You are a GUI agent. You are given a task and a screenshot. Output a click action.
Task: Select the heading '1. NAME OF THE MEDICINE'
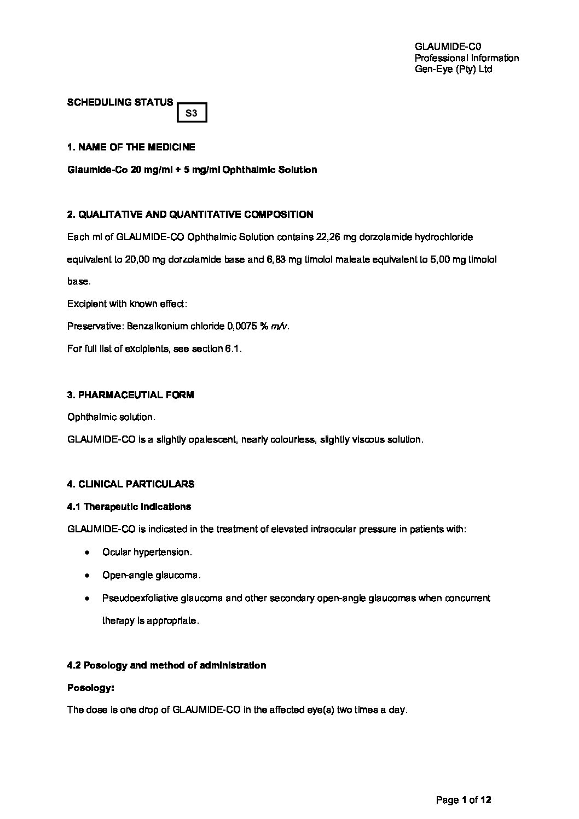(131, 147)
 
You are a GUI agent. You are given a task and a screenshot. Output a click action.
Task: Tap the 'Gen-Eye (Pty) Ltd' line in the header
(454, 69)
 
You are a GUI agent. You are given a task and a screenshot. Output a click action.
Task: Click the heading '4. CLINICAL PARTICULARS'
(131, 484)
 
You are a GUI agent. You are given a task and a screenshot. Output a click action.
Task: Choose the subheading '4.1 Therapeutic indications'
(129, 507)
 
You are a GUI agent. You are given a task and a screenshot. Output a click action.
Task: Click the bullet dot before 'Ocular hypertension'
(86, 553)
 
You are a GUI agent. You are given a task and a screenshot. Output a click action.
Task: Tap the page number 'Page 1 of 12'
(464, 800)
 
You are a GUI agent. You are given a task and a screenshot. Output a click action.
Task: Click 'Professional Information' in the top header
(467, 58)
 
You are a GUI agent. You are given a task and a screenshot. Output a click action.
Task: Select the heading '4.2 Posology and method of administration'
(166, 665)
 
